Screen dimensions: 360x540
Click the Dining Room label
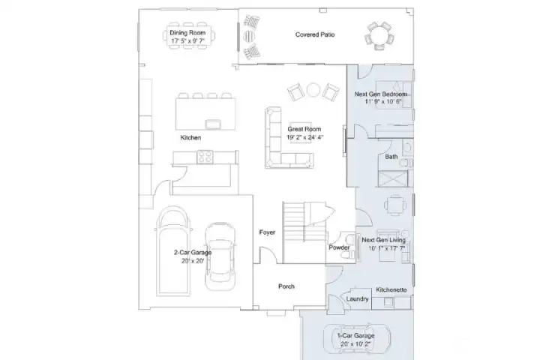pos(187,33)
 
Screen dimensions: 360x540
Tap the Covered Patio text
pos(314,34)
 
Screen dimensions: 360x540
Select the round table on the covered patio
pos(379,34)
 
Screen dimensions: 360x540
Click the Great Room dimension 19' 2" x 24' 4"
pos(305,138)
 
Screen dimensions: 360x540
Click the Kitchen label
pos(190,138)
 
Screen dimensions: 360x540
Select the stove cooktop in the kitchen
pos(205,157)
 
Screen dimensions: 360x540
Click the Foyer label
pos(267,232)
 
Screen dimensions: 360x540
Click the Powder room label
pos(339,247)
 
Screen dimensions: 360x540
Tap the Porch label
pos(286,286)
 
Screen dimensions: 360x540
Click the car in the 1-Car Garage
pos(363,339)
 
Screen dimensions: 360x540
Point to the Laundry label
pos(358,299)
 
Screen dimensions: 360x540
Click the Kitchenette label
pos(391,289)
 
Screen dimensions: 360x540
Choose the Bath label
pos(391,157)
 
